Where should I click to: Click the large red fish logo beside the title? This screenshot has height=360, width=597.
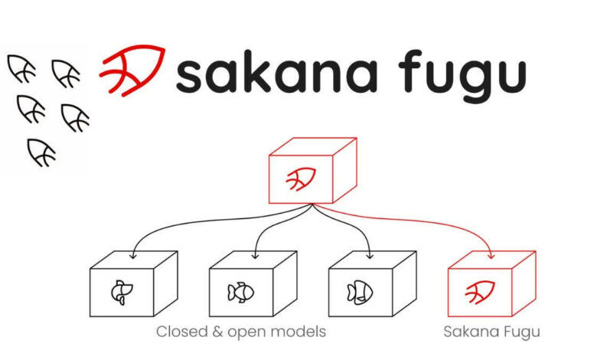tap(133, 70)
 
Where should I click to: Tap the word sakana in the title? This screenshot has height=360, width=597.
tap(277, 71)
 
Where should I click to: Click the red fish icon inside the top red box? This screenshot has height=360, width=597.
tap(301, 178)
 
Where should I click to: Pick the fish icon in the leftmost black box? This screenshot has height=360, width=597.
tap(122, 293)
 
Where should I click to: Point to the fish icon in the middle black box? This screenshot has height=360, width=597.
tap(240, 293)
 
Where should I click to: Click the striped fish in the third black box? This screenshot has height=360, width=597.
tap(360, 293)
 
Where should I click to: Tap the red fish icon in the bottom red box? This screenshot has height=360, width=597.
tap(480, 292)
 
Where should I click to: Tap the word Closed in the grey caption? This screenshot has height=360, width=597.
tap(181, 332)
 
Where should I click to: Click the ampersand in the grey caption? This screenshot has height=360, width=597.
tap(217, 332)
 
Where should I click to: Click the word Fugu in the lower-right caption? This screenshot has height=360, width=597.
tap(521, 332)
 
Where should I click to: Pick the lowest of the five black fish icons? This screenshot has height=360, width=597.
tap(42, 152)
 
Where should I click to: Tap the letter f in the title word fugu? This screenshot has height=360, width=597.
tap(410, 71)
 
